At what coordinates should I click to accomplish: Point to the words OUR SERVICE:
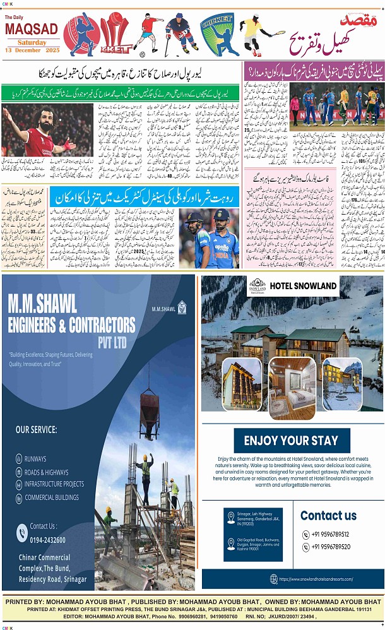point(36,429)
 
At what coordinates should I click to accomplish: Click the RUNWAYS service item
point(35,459)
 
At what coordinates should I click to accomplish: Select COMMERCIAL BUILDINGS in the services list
point(52,497)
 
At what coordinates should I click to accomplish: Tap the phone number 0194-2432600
point(47,540)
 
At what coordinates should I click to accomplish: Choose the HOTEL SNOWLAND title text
point(303,286)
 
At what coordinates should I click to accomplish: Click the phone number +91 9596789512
point(330,534)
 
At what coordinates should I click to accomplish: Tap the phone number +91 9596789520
point(330,547)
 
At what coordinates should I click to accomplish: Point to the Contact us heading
point(328,515)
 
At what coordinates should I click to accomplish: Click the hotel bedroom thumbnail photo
point(292,388)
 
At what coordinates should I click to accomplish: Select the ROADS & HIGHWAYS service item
point(46,472)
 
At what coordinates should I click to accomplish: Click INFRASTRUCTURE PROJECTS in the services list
point(54,484)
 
